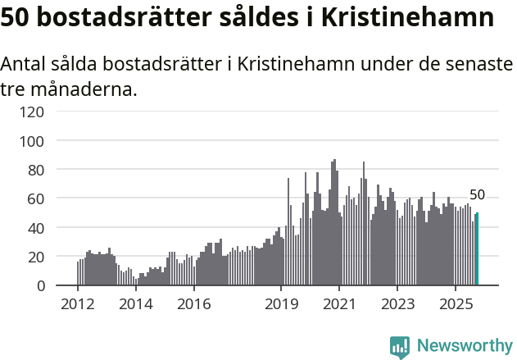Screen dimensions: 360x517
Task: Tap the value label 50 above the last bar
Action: (x=477, y=195)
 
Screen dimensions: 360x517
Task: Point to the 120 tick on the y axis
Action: (x=32, y=112)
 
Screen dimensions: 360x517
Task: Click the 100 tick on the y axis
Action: (x=32, y=141)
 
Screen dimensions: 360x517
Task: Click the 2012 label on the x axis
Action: (x=78, y=304)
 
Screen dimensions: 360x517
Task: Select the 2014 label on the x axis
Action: (x=136, y=304)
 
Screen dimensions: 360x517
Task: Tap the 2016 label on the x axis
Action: (x=194, y=304)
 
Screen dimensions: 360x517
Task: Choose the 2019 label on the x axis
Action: (x=281, y=304)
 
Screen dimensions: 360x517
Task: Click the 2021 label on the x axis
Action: (x=339, y=304)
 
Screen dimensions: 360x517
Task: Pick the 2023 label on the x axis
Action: (x=397, y=304)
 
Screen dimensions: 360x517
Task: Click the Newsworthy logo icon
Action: (x=400, y=347)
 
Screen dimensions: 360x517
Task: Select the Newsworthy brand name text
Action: (x=464, y=347)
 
